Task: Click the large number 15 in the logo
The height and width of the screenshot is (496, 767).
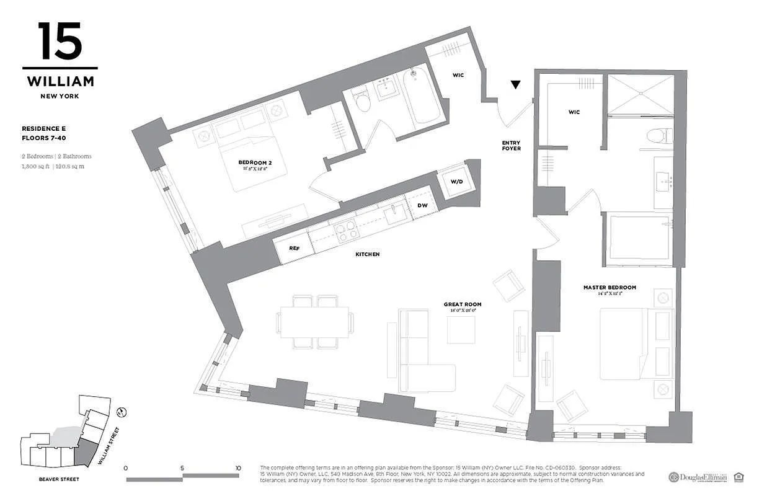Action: click(x=60, y=42)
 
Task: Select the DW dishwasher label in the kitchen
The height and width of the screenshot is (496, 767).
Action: click(x=422, y=205)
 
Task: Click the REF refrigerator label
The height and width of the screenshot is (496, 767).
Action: click(x=294, y=248)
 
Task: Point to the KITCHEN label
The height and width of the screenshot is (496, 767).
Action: click(x=367, y=254)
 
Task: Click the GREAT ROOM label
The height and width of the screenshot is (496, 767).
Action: click(x=462, y=304)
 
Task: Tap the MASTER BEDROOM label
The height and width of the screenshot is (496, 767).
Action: click(x=610, y=288)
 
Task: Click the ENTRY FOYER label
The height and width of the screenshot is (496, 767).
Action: click(x=511, y=146)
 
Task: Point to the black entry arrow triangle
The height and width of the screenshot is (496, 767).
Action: click(x=516, y=85)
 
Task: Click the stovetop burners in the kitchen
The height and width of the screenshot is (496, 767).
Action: click(x=346, y=231)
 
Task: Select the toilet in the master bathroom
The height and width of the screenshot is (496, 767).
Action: click(x=655, y=135)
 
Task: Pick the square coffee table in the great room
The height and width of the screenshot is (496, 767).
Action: click(x=461, y=330)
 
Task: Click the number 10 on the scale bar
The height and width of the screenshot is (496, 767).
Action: click(x=238, y=468)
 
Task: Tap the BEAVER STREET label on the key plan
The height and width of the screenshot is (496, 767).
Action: click(x=59, y=479)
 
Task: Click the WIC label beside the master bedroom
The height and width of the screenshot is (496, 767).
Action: click(x=574, y=112)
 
